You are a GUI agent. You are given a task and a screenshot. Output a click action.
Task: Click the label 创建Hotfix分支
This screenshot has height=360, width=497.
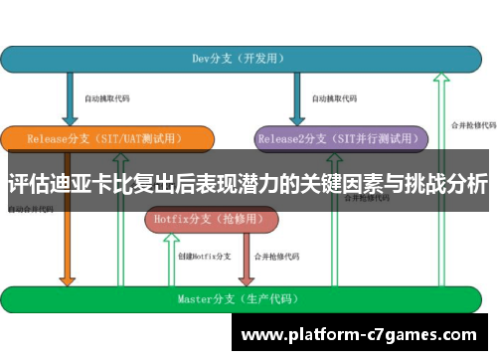[x=205, y=256]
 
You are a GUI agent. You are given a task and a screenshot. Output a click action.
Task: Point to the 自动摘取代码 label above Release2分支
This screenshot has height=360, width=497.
[x=333, y=99]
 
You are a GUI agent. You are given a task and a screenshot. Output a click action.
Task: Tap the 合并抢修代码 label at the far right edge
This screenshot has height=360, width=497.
[x=473, y=125]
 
